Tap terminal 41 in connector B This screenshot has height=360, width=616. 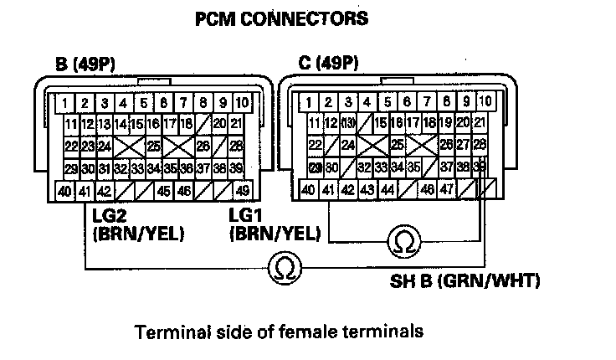pyautogui.click(x=84, y=191)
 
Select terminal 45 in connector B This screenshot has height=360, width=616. pyautogui.click(x=164, y=191)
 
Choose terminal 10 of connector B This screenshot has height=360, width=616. pyautogui.click(x=241, y=103)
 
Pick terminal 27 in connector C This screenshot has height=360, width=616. pyautogui.click(x=463, y=145)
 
